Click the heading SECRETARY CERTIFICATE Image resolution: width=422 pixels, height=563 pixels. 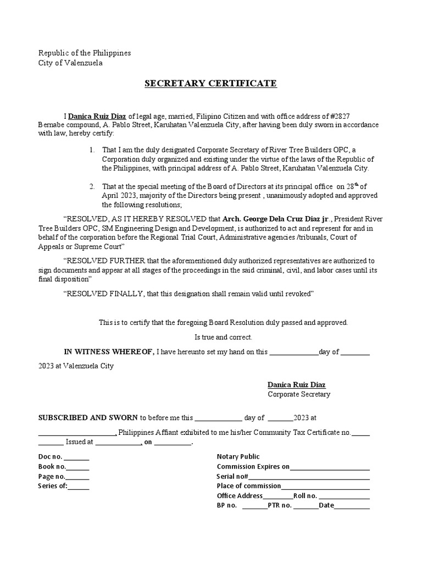(210, 84)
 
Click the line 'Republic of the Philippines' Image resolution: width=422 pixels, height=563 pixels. (85, 53)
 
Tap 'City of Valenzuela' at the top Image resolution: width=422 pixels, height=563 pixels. (70, 63)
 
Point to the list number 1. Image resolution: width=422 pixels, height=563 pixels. (91, 150)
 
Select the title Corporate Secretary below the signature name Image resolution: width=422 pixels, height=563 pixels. (299, 394)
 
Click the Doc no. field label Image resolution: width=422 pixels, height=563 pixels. (50, 457)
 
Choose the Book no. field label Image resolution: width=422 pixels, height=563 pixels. (52, 467)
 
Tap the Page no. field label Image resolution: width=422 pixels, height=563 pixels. (52, 476)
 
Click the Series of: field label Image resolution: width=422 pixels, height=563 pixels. (52, 486)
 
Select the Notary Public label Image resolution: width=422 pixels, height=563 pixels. (238, 456)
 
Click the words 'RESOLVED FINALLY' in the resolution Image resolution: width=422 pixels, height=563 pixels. (105, 294)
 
